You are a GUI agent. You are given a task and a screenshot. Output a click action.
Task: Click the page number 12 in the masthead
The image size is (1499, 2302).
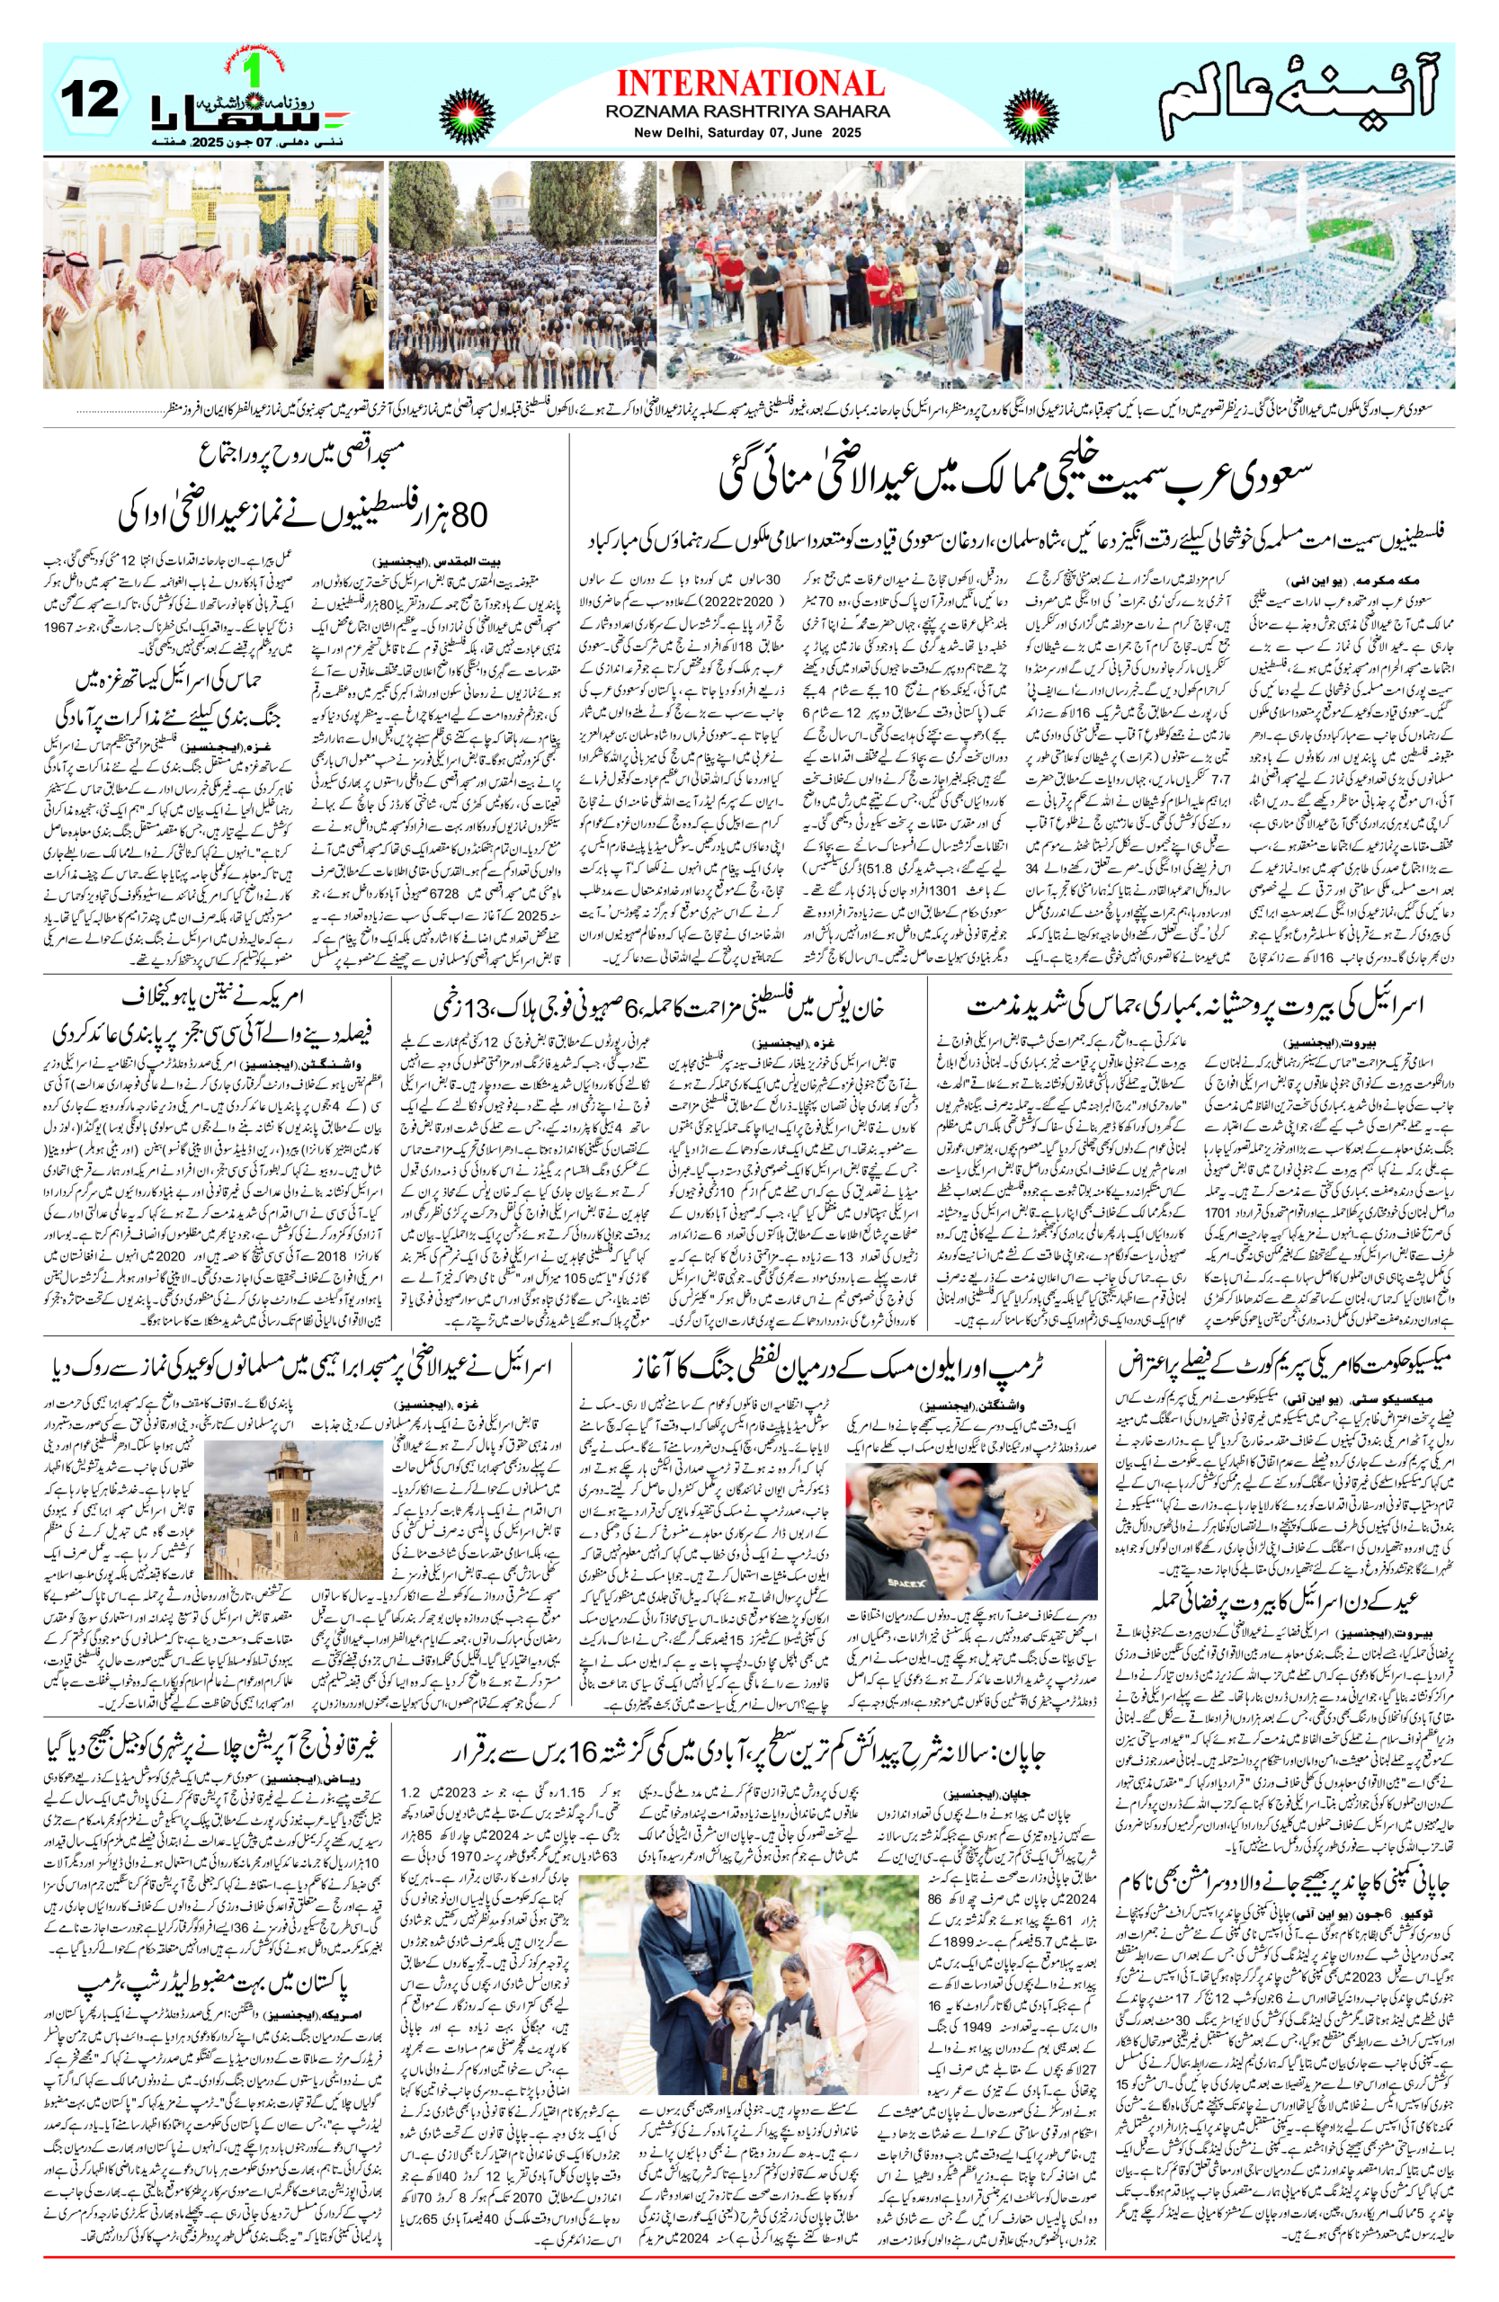tap(90, 100)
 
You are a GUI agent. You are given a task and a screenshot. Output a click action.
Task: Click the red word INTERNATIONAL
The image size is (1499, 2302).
tap(750, 85)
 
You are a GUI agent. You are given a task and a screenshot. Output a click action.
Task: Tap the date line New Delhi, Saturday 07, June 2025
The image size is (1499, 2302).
tap(748, 132)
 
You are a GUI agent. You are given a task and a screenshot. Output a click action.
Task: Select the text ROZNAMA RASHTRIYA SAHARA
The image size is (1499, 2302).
tap(748, 112)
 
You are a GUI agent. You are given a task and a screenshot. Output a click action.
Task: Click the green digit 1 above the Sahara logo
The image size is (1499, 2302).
tap(255, 68)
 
